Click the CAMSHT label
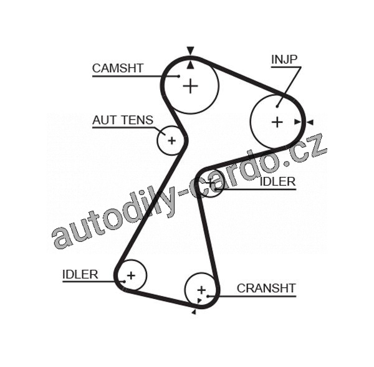click(x=118, y=68)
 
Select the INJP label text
click(x=284, y=59)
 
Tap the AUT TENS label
click(x=122, y=120)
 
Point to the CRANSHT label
click(x=266, y=288)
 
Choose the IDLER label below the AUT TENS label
click(x=80, y=274)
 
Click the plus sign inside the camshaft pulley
click(x=190, y=86)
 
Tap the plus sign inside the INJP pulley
click(x=277, y=122)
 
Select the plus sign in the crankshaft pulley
click(x=201, y=290)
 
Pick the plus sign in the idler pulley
click(x=131, y=274)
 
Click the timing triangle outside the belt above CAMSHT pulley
click(x=190, y=50)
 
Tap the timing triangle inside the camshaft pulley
click(x=190, y=63)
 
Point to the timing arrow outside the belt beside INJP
click(x=310, y=122)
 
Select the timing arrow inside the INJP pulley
click(x=298, y=122)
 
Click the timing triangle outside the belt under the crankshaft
click(x=193, y=312)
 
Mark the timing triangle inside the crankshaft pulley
click(x=198, y=302)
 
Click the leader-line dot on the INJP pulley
click(x=277, y=105)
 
